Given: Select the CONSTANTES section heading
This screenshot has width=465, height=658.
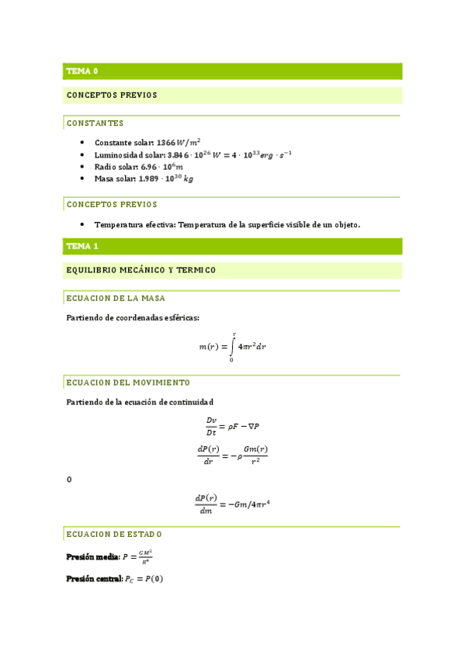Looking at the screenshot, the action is pos(95,123).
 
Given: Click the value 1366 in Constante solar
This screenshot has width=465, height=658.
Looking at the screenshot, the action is pos(166,143).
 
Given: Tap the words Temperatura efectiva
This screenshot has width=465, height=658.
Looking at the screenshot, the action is pos(135,224).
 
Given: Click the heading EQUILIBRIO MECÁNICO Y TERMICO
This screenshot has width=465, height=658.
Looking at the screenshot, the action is pos(141,270).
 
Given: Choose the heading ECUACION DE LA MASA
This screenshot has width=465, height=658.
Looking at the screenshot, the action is pos(116,298).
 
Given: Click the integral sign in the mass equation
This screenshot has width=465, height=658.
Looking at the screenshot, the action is pos(233,346).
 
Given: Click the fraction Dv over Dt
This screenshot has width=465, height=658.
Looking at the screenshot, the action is pos(211,426).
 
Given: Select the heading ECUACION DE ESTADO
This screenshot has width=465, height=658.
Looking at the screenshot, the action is pos(114,535).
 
